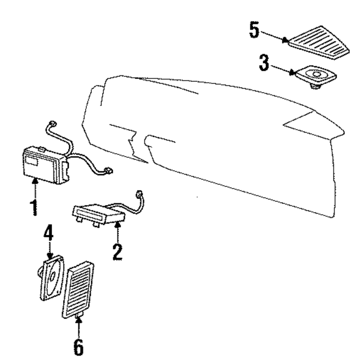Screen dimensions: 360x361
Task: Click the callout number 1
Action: pyautogui.click(x=34, y=206)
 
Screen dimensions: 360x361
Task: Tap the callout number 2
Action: pyautogui.click(x=117, y=250)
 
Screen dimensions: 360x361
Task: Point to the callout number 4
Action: pyautogui.click(x=49, y=233)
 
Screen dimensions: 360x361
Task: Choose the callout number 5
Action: pyautogui.click(x=254, y=30)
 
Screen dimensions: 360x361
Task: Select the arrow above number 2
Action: pyautogui.click(x=118, y=230)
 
